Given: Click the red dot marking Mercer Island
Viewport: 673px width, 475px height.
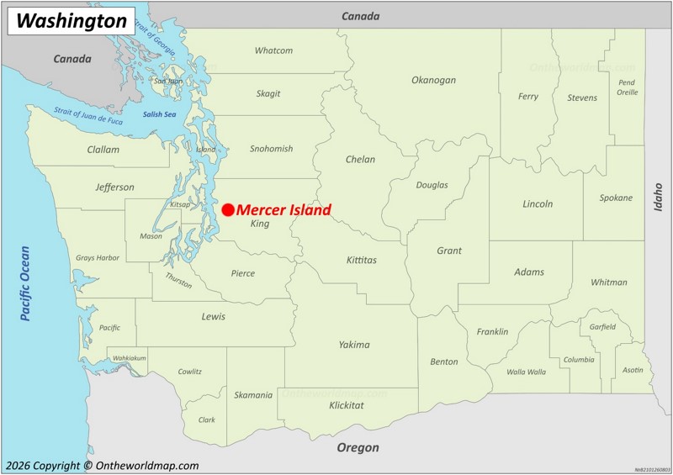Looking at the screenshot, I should click(228, 209).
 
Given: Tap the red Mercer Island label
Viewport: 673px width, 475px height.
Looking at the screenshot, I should click(284, 209).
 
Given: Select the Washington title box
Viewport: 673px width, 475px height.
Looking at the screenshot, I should click(72, 21).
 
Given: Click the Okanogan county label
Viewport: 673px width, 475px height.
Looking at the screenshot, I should click(433, 80).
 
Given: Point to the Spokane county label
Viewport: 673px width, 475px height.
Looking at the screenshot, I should click(616, 198).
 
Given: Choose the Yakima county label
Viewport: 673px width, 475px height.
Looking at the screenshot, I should click(354, 344).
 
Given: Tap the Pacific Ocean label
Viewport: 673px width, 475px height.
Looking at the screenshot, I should click(24, 283).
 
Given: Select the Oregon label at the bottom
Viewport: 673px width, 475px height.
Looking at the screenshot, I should click(358, 447).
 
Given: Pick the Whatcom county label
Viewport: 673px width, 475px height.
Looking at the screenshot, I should click(273, 50).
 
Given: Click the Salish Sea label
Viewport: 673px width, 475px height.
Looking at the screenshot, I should click(159, 114).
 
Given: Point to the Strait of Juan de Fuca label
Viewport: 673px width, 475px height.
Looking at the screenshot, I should click(88, 116).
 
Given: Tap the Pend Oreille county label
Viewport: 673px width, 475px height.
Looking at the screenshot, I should click(627, 87).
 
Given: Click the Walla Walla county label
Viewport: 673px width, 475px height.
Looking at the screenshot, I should click(526, 372).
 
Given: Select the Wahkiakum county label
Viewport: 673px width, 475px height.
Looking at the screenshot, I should click(130, 358).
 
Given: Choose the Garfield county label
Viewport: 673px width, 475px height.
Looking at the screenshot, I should click(602, 326).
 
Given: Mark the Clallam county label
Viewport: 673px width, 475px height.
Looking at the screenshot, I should click(103, 150).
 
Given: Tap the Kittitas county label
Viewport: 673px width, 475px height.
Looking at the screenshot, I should click(362, 260).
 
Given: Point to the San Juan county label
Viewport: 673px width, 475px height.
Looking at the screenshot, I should click(168, 81).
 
